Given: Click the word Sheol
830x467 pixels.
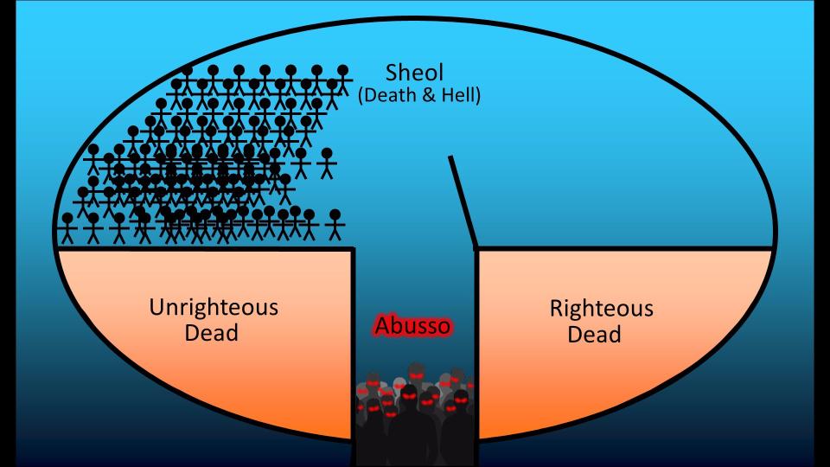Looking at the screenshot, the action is point(414,73).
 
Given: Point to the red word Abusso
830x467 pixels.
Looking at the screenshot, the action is point(412,326).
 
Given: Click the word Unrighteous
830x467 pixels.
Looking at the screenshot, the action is point(214,307).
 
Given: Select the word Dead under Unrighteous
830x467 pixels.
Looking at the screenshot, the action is point(211,333).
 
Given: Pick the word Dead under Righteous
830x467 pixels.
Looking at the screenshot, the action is point(594,334).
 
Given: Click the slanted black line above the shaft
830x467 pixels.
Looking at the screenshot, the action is point(462,202).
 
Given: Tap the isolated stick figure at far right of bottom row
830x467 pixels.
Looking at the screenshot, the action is point(335,225).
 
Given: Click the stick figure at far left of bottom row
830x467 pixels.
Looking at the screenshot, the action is point(67,228).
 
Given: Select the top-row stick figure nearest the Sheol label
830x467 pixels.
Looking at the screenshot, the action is point(342,80).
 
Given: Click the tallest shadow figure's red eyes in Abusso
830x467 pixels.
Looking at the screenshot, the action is point(417,375).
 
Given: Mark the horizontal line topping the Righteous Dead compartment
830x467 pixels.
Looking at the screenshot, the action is point(624,248).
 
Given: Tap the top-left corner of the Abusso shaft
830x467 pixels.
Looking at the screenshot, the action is point(353,249).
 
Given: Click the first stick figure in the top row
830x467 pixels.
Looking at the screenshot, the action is point(187,80).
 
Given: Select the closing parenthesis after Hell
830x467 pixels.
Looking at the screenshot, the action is point(477,96).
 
